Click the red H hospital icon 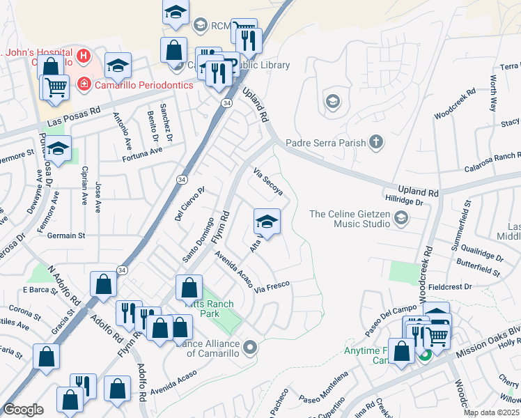84,55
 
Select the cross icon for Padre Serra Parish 375,143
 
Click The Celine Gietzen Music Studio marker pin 401,219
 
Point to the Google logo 23,410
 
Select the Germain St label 65,236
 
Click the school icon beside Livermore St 59,148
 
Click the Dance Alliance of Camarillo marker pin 251,346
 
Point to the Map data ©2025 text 491,412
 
